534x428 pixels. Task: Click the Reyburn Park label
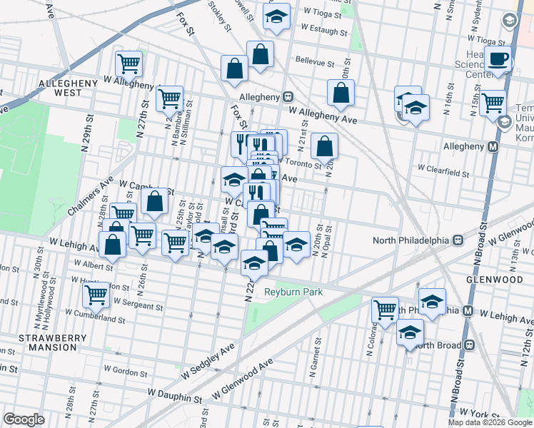[x=294, y=292]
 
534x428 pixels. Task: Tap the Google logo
[x=24, y=419]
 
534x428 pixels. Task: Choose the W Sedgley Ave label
[x=208, y=361]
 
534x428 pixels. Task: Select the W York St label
[x=478, y=413]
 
